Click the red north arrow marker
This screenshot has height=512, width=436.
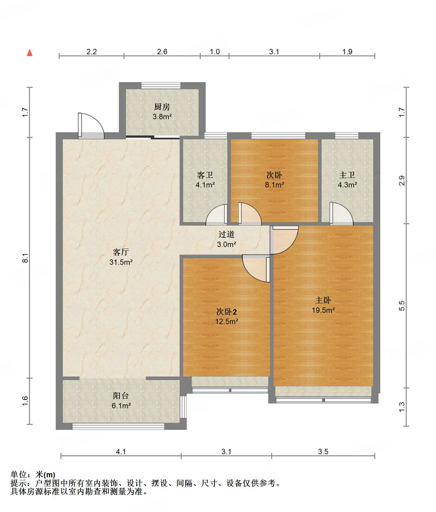(30, 52)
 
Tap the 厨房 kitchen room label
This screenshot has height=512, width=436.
(162, 107)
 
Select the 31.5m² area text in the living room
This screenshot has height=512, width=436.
(121, 262)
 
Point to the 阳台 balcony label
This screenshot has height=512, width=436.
(121, 395)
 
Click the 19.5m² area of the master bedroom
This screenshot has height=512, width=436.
(323, 310)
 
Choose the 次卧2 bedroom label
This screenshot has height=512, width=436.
(227, 312)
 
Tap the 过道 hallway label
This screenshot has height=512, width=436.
(226, 235)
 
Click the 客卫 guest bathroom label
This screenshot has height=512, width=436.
(205, 175)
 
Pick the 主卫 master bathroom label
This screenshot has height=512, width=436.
(347, 175)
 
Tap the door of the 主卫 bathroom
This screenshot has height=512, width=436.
(341, 213)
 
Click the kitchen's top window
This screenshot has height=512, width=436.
(161, 85)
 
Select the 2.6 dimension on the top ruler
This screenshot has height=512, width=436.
(162, 52)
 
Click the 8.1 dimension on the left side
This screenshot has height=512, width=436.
(25, 258)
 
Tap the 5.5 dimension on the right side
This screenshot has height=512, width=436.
(402, 306)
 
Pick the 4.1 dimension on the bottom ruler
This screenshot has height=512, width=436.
(121, 452)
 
